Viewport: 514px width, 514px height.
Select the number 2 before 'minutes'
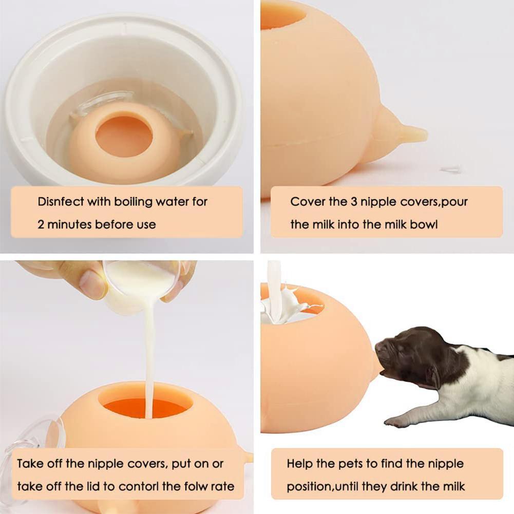point(42,224)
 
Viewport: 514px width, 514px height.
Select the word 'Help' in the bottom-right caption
point(299,464)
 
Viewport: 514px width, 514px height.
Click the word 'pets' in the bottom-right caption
point(350,464)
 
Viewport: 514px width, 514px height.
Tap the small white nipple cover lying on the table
point(451,168)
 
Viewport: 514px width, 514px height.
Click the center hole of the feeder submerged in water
point(124,136)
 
